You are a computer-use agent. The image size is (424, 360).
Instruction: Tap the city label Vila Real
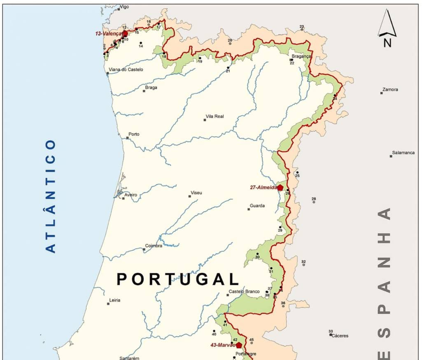[215, 116]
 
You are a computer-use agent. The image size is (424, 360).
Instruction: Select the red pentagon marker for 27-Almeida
[280, 188]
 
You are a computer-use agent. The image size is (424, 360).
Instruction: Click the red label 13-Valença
[109, 34]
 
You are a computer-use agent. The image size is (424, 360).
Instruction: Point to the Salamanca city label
[403, 153]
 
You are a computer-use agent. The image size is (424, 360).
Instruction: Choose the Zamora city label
[390, 89]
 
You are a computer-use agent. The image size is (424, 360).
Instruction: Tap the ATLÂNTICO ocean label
[50, 196]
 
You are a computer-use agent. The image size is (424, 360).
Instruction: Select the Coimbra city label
[153, 246]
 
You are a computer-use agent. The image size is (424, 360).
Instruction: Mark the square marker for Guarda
[249, 209]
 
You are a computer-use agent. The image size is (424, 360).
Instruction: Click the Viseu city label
[196, 193]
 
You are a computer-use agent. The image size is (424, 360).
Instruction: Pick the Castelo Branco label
[244, 292]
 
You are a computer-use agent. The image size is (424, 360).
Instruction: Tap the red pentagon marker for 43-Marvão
[239, 345]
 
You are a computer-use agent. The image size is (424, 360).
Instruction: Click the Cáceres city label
[340, 336]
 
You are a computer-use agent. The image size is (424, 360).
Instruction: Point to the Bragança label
[301, 56]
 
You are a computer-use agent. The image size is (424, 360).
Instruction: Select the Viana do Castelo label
[126, 70]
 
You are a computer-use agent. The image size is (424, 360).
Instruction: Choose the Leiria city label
[115, 300]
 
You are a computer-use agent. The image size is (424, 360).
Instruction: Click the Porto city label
[134, 134]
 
